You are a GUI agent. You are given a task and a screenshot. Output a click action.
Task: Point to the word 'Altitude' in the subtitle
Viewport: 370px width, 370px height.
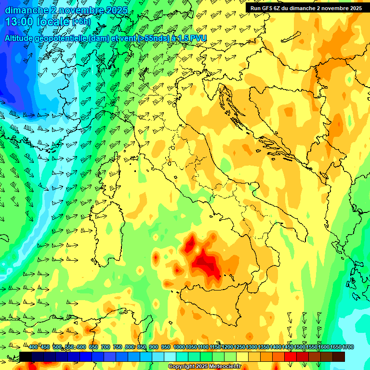coord(21,38)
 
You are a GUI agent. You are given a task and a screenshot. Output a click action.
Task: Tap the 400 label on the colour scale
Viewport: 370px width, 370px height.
coord(33,347)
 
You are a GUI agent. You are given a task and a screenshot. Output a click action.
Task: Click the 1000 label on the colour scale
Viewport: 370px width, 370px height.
coord(179,347)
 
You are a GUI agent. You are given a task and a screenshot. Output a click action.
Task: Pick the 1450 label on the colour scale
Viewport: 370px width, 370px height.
coord(288,347)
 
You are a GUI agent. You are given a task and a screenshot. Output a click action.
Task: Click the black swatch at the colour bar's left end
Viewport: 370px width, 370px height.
coord(26,357)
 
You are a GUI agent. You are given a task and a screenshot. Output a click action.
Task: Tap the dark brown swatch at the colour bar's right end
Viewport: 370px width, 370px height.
coord(339,357)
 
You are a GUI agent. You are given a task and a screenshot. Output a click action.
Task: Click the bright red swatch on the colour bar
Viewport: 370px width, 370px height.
coord(291,357)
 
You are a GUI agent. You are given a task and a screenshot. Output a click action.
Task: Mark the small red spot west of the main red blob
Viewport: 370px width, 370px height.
coord(156,258)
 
